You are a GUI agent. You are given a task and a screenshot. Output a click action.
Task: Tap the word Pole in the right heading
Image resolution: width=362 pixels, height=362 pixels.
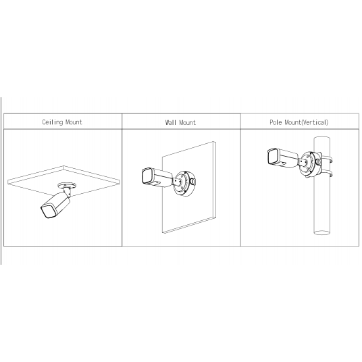[x=275, y=123]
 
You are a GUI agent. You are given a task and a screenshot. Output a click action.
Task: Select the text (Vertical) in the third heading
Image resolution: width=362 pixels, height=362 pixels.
[x=315, y=123]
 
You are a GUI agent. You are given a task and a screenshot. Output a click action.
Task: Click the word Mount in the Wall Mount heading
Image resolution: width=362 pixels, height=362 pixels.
[x=188, y=123]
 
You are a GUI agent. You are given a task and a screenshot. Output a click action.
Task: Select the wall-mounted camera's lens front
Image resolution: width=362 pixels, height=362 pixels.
[x=146, y=178]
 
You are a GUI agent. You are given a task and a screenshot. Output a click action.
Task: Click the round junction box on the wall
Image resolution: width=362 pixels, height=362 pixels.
[x=186, y=182]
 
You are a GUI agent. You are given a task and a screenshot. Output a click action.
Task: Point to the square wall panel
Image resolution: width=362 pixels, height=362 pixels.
[x=196, y=209]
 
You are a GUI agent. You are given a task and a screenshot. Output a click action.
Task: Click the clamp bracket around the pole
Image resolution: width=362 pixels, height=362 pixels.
[x=325, y=162]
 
